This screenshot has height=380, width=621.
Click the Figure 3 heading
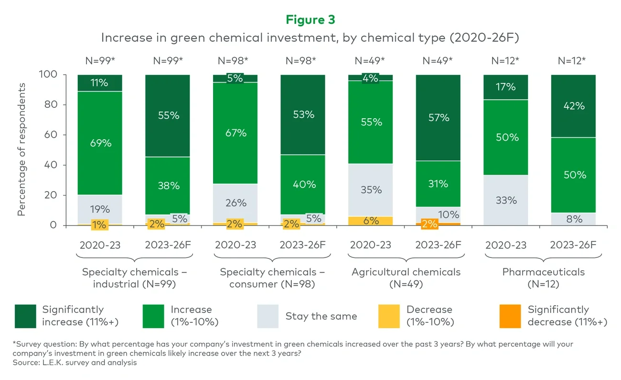(310, 20)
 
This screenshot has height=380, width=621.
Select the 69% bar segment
(100, 143)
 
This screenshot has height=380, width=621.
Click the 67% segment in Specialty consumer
(235, 133)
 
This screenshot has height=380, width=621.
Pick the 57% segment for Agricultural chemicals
(438, 117)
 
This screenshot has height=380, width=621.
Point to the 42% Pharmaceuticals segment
(573, 106)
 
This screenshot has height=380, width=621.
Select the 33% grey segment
(506, 200)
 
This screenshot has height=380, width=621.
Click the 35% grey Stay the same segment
(371, 190)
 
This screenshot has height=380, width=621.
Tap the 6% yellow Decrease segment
(371, 221)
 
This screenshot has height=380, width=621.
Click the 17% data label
(506, 87)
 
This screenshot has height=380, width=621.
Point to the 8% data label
(573, 219)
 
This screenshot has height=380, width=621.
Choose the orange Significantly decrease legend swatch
(511, 316)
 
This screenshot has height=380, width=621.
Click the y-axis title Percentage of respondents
(21, 150)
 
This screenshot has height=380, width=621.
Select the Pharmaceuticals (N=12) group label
(543, 278)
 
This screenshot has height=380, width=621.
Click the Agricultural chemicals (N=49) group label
(406, 278)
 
